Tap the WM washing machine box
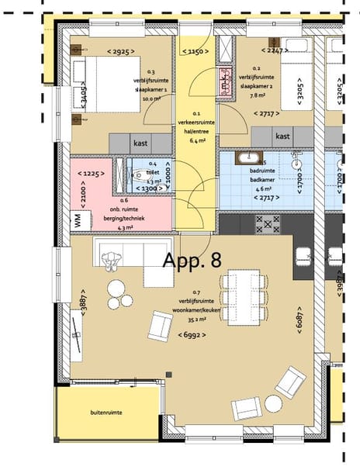pos(78,219)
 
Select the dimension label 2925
pos(119,51)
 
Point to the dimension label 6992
pos(192,335)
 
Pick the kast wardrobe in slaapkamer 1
pos(140,143)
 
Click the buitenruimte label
pos(106,413)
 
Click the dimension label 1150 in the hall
pos(196,51)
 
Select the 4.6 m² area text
pos(261,188)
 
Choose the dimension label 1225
pos(94,173)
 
